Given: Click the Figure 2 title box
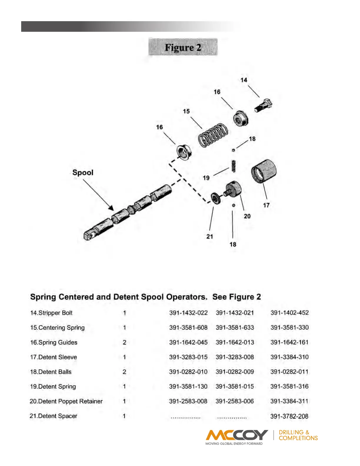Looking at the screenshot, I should [x=183, y=47].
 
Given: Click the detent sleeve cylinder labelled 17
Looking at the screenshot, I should [x=264, y=171].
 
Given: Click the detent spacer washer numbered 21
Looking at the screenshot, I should [x=216, y=198].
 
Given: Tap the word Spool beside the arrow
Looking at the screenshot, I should [x=83, y=172].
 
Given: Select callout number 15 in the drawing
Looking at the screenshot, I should [x=186, y=111].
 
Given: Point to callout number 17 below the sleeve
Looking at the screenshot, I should [x=266, y=205].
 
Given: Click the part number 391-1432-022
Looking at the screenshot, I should [x=188, y=313].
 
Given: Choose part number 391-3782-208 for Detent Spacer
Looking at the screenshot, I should [x=289, y=416].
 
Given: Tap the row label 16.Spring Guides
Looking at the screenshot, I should [x=54, y=342].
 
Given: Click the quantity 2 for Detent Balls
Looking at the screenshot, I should [x=124, y=372].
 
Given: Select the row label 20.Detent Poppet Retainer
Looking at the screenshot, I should [x=66, y=401].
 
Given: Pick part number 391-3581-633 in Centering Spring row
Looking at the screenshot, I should [x=235, y=327].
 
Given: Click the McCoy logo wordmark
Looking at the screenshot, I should [x=237, y=435].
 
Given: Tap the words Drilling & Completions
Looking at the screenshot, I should [x=298, y=435].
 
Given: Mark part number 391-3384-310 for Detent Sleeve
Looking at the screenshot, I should [x=289, y=357].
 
